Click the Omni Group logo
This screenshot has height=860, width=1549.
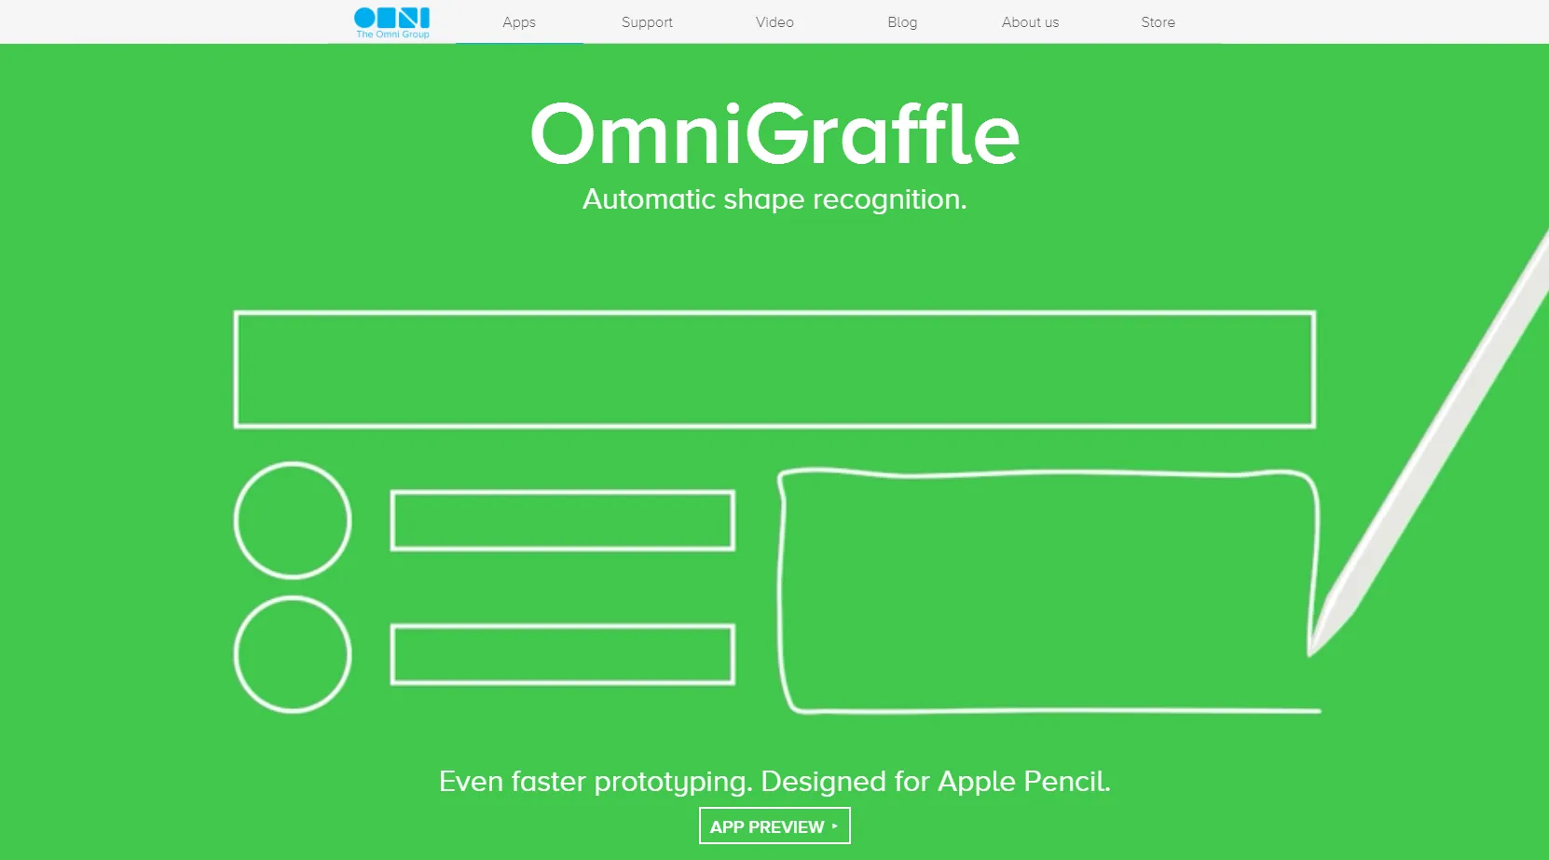pyautogui.click(x=392, y=22)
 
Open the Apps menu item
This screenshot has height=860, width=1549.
pyautogui.click(x=519, y=22)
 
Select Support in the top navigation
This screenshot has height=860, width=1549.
pyautogui.click(x=647, y=22)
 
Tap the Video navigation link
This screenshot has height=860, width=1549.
pyautogui.click(x=774, y=22)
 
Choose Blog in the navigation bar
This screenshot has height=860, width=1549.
pyautogui.click(x=902, y=22)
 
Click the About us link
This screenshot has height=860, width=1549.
pyautogui.click(x=1031, y=22)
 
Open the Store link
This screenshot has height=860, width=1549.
pyautogui.click(x=1158, y=22)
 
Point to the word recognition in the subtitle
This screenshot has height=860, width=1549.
pyautogui.click(x=889, y=199)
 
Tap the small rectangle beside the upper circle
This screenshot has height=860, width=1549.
pyautogui.click(x=562, y=492)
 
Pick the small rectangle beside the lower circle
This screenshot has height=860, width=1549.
pyautogui.click(x=562, y=625)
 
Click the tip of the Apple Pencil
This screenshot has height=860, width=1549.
pyautogui.click(x=1309, y=654)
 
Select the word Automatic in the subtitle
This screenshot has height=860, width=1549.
pyautogui.click(x=649, y=199)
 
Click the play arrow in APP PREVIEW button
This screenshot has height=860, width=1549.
pyautogui.click(x=835, y=826)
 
